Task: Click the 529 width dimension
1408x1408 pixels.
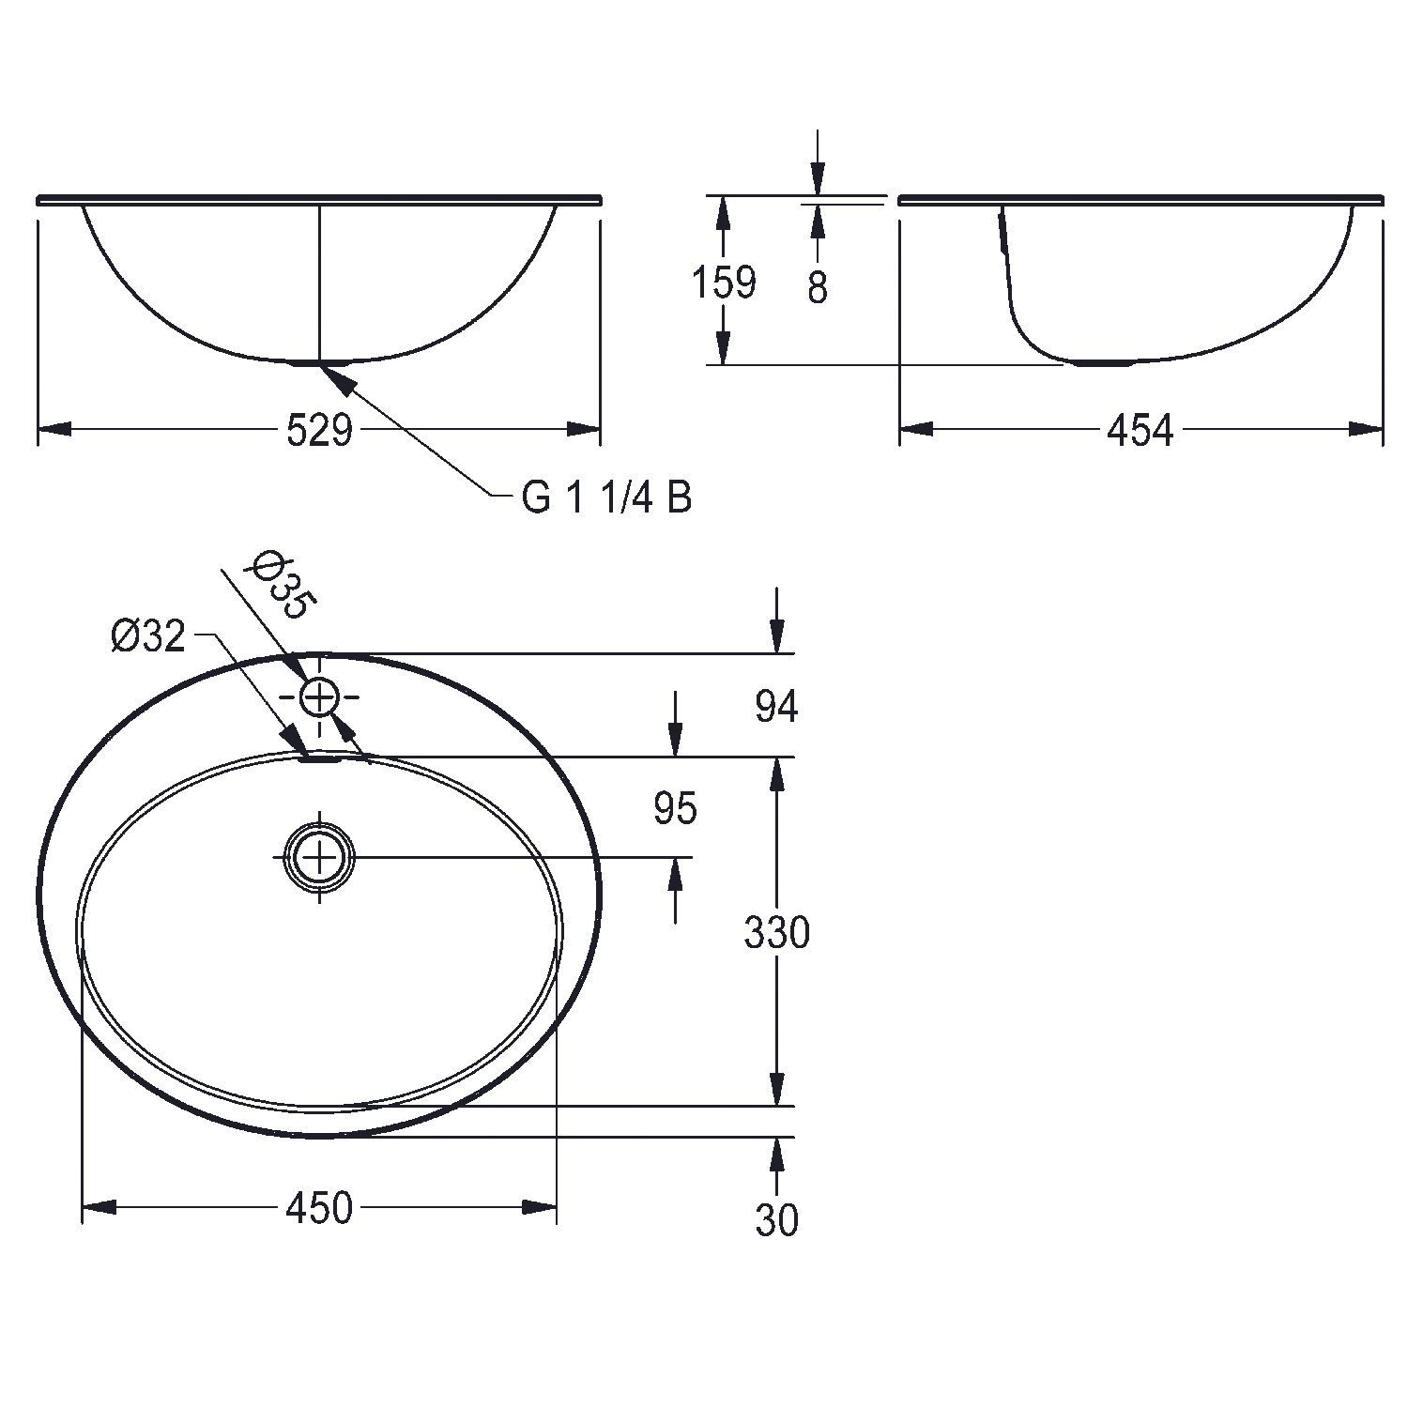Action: click(319, 431)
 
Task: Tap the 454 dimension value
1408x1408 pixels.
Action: click(1140, 431)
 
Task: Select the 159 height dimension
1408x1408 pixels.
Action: click(724, 282)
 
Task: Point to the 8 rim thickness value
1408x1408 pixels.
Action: click(818, 288)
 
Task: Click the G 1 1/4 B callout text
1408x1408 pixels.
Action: click(607, 497)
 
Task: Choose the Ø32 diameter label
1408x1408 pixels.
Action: click(148, 637)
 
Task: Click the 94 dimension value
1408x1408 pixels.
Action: click(776, 707)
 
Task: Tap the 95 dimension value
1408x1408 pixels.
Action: click(675, 809)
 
